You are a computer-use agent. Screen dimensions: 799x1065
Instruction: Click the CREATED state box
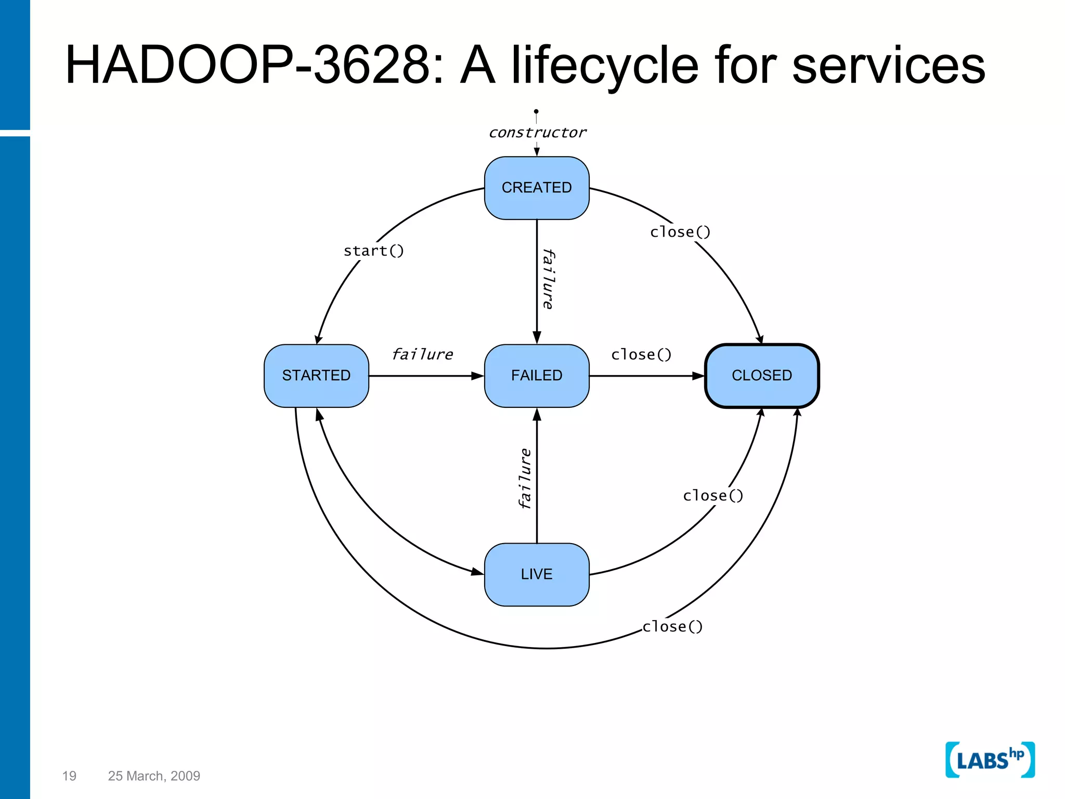537,188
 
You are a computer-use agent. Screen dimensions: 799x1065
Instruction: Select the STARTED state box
316,376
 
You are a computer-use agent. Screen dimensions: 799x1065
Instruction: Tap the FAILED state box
537,376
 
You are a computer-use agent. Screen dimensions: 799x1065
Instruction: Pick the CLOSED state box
762,376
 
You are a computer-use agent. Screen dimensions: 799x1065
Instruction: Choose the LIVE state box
537,574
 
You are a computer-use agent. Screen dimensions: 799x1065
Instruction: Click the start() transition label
373,251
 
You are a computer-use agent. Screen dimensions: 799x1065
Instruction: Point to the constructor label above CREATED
537,133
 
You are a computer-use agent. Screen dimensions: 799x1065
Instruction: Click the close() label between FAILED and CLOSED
641,355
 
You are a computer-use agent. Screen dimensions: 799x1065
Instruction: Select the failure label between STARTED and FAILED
422,355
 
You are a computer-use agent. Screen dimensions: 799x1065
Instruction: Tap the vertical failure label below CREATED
548,279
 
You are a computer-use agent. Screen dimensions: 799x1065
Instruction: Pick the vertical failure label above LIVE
525,478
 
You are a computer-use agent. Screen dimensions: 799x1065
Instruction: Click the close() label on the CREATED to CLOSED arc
680,232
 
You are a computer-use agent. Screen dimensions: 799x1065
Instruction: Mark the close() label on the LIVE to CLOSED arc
713,496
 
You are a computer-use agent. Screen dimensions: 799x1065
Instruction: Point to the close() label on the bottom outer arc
672,627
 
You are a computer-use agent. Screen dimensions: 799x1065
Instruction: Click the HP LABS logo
990,759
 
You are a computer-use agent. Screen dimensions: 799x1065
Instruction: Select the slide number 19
69,776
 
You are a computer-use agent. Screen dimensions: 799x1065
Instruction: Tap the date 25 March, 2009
154,776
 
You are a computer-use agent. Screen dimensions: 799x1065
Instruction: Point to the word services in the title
888,65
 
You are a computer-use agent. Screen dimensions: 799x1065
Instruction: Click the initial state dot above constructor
536,111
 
